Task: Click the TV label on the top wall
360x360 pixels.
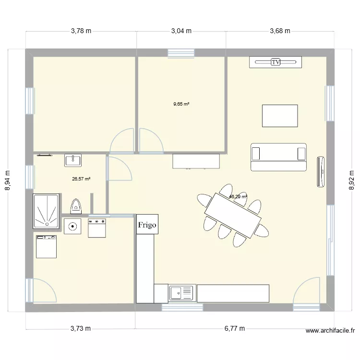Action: coord(276,62)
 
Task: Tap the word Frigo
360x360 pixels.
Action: coord(147,225)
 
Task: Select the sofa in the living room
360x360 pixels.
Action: coord(278,157)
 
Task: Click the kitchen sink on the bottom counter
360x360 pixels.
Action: coord(181,292)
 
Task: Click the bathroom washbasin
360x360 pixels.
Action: coord(73,160)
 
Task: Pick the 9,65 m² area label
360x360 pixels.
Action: coord(181,103)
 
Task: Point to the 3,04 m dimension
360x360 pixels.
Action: coord(181,31)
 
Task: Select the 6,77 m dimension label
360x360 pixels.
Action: coord(235,329)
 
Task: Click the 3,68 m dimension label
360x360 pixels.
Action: coord(280,31)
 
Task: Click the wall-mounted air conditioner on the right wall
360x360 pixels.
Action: coord(321,171)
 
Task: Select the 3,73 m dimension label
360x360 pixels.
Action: coord(80,329)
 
